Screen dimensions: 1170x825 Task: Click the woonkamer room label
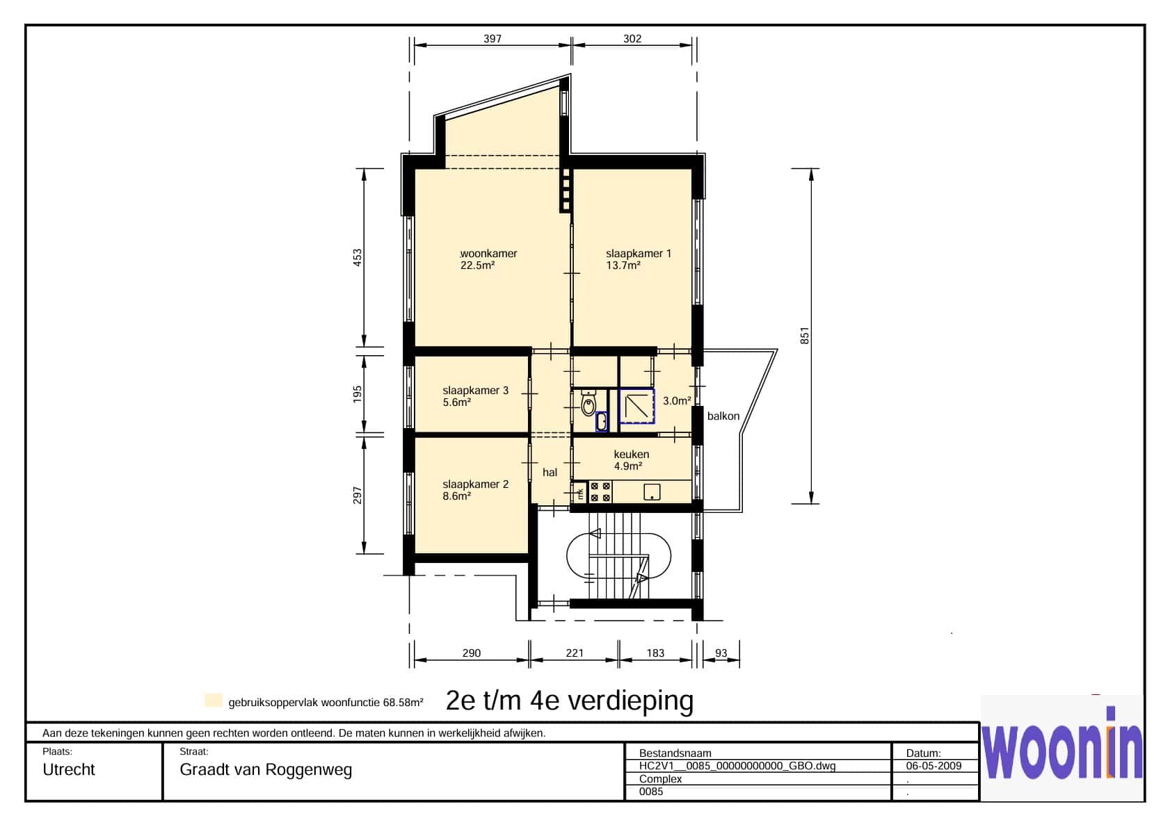488,254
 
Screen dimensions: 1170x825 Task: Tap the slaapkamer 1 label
639,254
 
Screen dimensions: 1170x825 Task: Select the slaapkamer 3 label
475,391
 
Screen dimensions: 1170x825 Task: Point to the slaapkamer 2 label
475,484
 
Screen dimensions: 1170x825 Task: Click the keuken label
632,455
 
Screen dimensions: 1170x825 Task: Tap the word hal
550,472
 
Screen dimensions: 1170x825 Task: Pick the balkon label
723,416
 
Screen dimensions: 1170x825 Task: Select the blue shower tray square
636,406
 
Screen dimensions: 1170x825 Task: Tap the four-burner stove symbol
600,492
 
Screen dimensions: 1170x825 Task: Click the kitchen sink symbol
652,492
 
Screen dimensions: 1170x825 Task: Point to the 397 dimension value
492,39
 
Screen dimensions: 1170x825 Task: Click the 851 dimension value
805,336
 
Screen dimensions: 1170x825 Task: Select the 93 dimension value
721,653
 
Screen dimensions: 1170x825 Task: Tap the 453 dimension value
358,258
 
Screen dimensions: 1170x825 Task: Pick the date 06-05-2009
934,765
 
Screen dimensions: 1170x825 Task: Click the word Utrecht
69,769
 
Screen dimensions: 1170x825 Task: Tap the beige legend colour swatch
214,701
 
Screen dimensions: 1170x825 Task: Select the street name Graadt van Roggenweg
266,770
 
